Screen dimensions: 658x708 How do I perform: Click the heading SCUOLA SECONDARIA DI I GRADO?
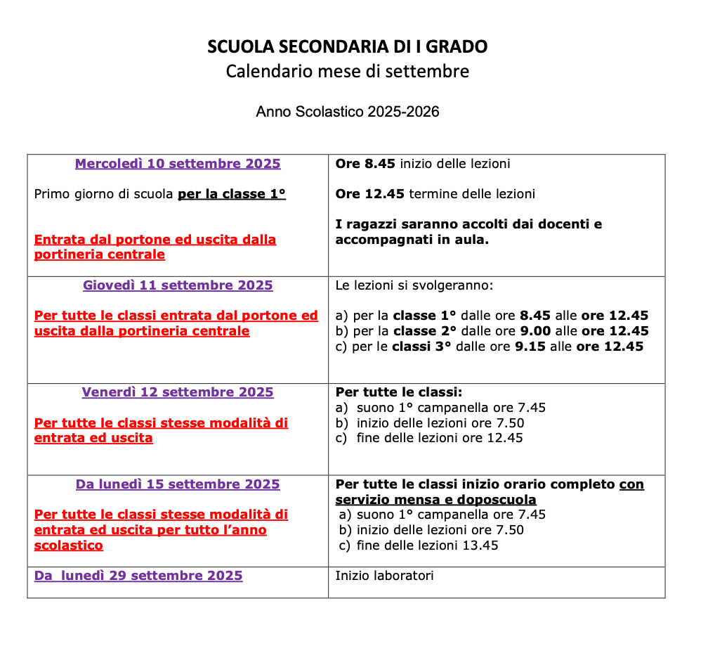(347, 47)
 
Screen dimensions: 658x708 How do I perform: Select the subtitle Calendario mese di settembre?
(347, 72)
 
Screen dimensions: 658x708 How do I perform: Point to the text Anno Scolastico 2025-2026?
(347, 112)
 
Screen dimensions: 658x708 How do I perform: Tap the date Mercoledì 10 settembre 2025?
(178, 164)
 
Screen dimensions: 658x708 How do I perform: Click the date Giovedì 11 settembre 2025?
(178, 285)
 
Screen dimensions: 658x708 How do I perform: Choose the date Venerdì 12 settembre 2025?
(178, 392)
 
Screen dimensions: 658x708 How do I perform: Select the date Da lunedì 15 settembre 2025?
(178, 484)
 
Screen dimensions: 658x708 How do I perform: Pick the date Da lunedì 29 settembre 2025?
(138, 576)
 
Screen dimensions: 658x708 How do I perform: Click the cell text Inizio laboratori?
(384, 576)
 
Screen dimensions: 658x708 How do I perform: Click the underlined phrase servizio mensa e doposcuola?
(435, 500)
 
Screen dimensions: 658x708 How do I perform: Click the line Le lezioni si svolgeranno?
(414, 285)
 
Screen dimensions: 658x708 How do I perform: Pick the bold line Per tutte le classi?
(398, 392)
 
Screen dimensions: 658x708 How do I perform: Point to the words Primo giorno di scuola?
(103, 194)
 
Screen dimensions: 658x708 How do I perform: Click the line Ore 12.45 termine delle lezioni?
(435, 194)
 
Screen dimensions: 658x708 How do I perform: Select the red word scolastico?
(68, 546)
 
